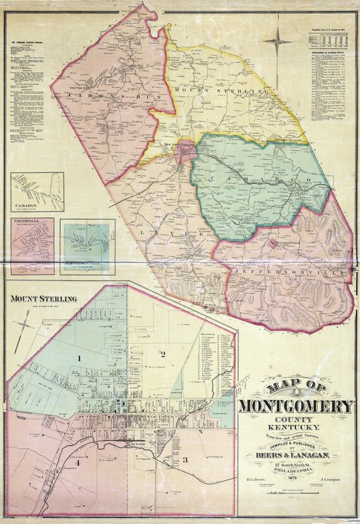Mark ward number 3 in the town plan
(x=185, y=459)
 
